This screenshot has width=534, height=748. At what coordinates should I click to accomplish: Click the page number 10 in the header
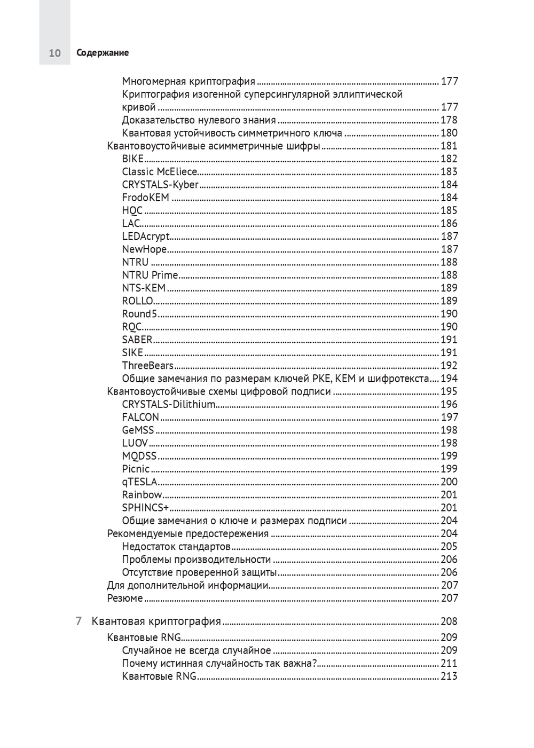[54, 53]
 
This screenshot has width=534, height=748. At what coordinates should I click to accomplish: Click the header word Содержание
[103, 53]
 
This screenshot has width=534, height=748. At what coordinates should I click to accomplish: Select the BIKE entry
[133, 159]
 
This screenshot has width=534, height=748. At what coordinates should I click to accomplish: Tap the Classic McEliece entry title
[160, 171]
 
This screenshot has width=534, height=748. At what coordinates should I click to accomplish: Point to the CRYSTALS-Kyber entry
[160, 184]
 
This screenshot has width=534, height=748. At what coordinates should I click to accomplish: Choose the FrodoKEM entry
[146, 198]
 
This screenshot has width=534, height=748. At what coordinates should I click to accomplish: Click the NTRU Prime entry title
[150, 275]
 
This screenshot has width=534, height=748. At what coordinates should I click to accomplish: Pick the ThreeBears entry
[148, 365]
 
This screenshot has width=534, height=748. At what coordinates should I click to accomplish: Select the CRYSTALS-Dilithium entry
[169, 404]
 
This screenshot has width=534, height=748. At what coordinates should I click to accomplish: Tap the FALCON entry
[140, 417]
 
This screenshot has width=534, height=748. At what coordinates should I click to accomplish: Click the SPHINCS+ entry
[145, 508]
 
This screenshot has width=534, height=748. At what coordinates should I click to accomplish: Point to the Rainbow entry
[142, 495]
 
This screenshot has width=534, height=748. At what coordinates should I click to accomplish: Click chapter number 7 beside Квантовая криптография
[78, 621]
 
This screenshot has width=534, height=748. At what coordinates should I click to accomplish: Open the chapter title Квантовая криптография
[156, 621]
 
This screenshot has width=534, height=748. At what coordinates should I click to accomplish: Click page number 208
[449, 621]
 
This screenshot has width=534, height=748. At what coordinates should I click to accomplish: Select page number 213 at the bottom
[449, 676]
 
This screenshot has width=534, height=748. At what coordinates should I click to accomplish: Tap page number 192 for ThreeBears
[449, 366]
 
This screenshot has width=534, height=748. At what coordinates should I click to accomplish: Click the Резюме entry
[125, 599]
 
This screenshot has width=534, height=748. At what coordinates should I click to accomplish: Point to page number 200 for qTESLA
[449, 482]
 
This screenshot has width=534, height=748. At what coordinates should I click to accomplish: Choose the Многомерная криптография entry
[189, 81]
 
